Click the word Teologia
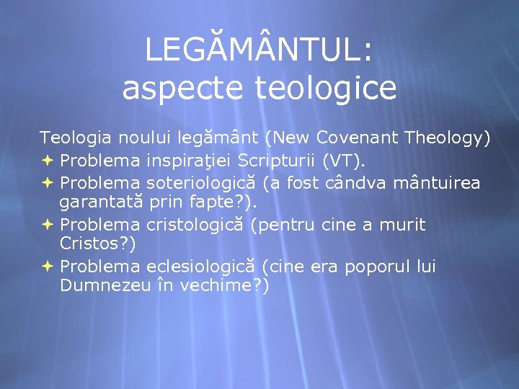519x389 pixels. tap(76, 137)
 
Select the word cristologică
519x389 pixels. tap(196, 225)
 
